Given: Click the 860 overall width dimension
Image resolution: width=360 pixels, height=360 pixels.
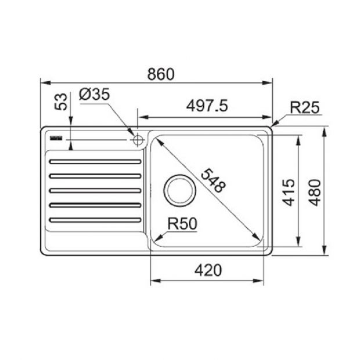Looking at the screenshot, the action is click(x=161, y=74).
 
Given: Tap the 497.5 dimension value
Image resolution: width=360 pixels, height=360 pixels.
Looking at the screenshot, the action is click(x=207, y=106).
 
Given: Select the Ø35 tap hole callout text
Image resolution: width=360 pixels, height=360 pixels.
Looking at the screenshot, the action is click(x=94, y=95).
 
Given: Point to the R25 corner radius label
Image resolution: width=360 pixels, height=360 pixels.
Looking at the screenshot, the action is click(x=305, y=107).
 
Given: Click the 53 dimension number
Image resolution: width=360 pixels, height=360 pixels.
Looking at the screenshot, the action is click(x=61, y=102).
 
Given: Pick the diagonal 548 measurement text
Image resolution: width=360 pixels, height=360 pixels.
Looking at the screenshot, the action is click(x=213, y=180).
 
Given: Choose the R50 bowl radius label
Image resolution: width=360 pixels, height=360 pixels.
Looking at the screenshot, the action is click(x=182, y=224).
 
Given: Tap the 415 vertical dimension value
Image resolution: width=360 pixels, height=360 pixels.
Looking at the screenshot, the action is click(x=289, y=192).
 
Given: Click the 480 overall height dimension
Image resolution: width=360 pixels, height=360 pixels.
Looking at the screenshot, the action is click(x=315, y=193).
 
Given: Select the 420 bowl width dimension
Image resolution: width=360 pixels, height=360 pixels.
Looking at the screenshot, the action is click(x=208, y=270).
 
